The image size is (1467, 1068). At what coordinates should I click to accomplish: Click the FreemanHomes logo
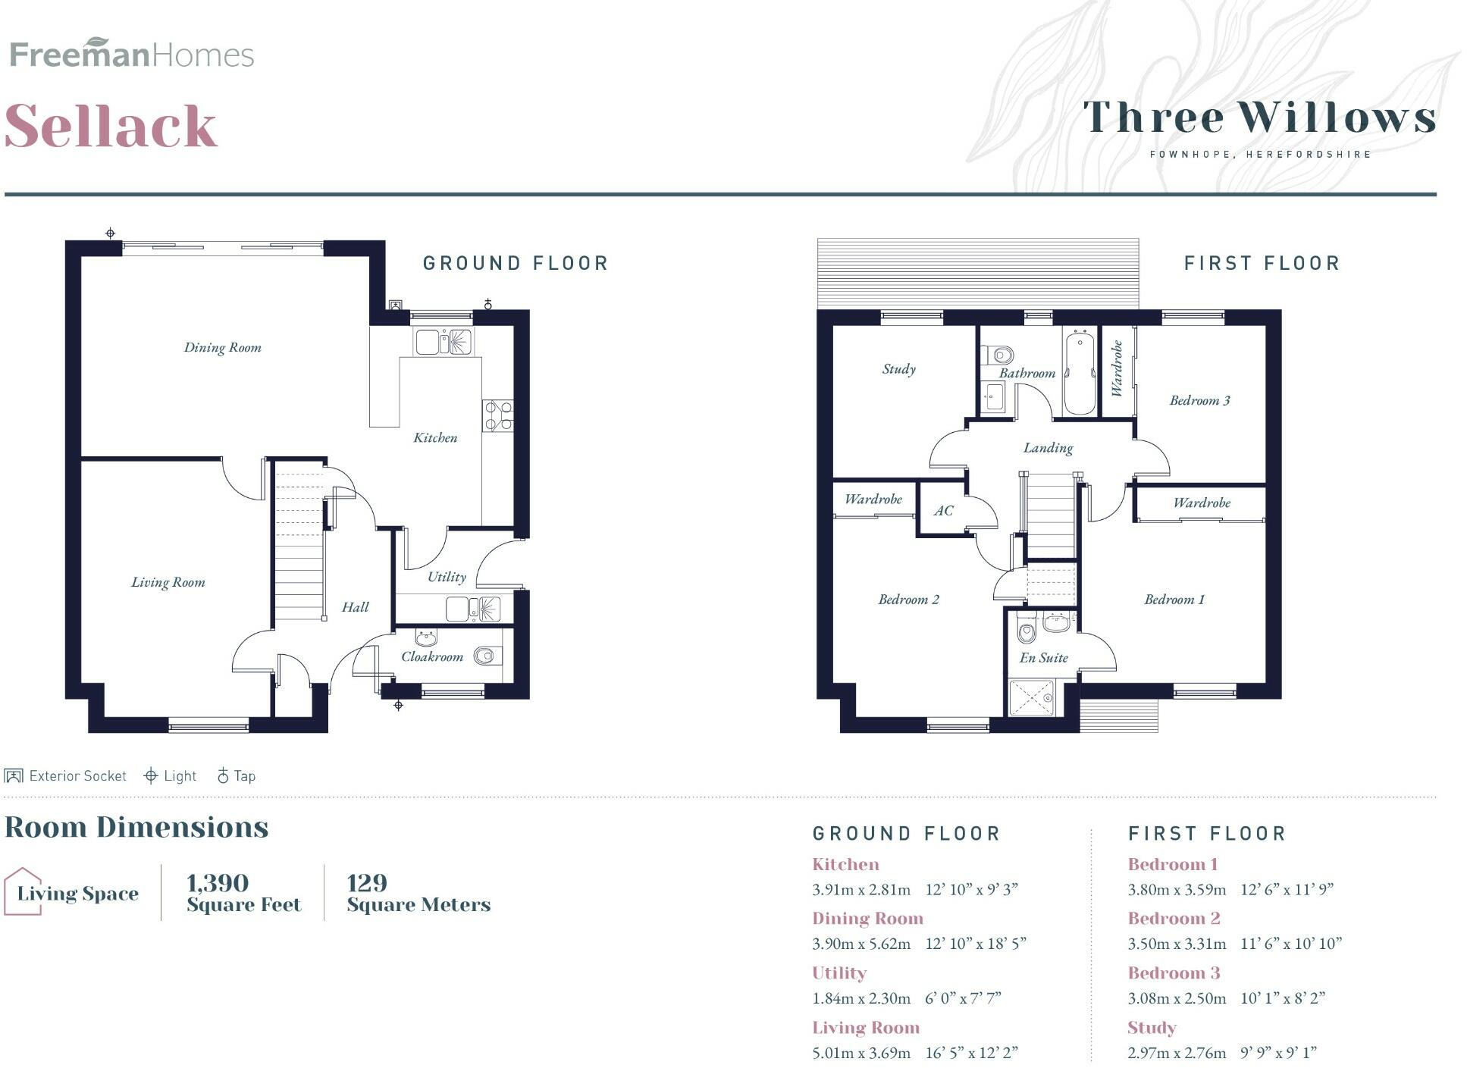(x=132, y=54)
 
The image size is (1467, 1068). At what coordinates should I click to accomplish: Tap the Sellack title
(x=111, y=126)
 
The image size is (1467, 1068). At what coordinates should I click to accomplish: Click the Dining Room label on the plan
(x=222, y=347)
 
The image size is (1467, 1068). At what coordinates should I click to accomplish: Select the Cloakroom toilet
(x=485, y=656)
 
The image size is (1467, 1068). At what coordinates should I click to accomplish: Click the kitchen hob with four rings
(x=497, y=416)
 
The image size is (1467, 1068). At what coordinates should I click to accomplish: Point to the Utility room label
(x=447, y=577)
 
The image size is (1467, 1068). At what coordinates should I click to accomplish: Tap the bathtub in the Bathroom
(x=1080, y=372)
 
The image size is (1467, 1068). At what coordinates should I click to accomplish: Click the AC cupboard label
(x=943, y=511)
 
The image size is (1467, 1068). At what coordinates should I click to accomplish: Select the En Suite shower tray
(x=1032, y=698)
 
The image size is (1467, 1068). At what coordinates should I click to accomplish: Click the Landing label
(x=1048, y=448)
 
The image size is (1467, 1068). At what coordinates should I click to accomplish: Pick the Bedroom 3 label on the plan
(x=1199, y=400)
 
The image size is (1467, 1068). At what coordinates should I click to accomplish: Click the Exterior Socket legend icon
(x=14, y=775)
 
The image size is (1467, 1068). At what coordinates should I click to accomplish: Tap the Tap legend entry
(x=237, y=775)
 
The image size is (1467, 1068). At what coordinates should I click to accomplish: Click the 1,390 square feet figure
(x=218, y=883)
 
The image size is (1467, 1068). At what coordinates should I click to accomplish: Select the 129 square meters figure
(x=367, y=883)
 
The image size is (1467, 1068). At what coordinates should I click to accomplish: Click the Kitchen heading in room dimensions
(x=845, y=864)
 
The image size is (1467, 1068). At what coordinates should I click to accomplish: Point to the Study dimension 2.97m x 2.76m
(x=1177, y=1053)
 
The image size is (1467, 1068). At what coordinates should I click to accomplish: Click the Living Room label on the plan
(x=168, y=582)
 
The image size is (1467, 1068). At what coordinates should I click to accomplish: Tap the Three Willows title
(x=1259, y=118)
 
